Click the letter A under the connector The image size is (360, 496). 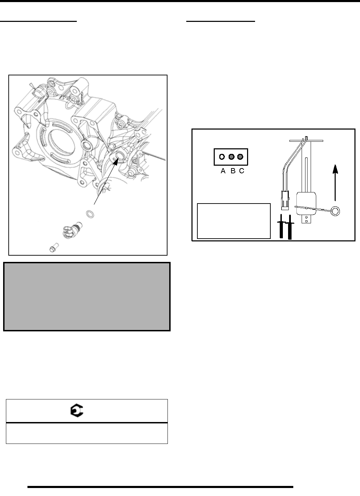pos(223,171)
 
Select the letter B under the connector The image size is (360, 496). pos(233,171)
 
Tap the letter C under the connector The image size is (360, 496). pos(242,171)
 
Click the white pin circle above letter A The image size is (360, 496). pos(221,157)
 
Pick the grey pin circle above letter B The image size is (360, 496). pos(231,157)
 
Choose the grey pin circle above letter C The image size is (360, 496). pos(239,157)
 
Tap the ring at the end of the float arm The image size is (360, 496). pos(336,210)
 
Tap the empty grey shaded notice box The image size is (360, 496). pos(87,296)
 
